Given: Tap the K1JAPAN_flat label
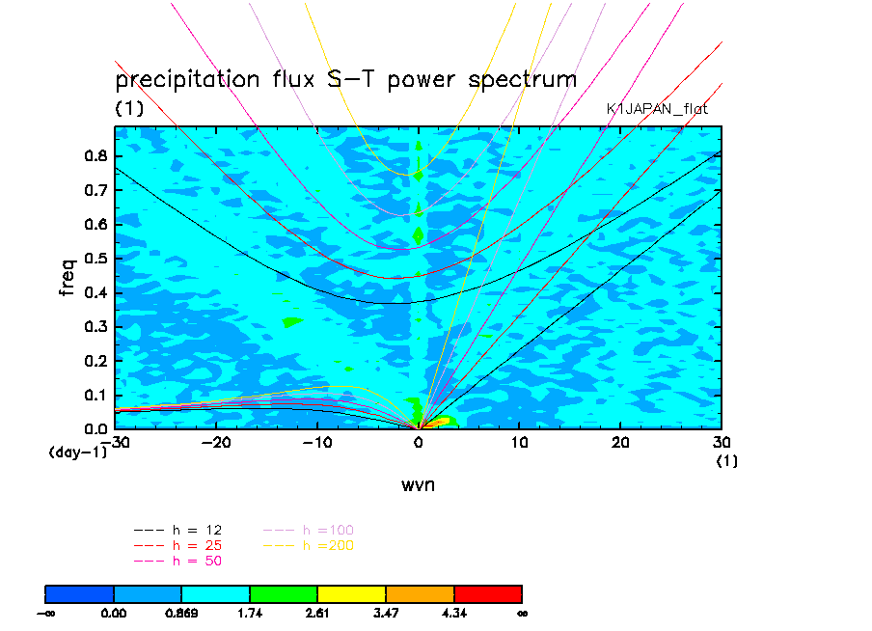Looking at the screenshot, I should tap(657, 109).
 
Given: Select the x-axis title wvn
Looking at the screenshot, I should tap(418, 484).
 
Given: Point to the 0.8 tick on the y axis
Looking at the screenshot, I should tap(95, 156).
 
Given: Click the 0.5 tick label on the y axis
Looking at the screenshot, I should tap(95, 259).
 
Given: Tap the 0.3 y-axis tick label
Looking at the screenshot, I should tap(95, 327).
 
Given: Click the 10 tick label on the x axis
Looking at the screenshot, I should tap(519, 442).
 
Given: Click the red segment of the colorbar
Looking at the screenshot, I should tap(487, 592).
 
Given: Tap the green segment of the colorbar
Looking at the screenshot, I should tap(284, 592).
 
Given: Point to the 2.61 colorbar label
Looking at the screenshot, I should tap(317, 612).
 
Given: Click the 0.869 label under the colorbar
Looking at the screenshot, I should tap(181, 612).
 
